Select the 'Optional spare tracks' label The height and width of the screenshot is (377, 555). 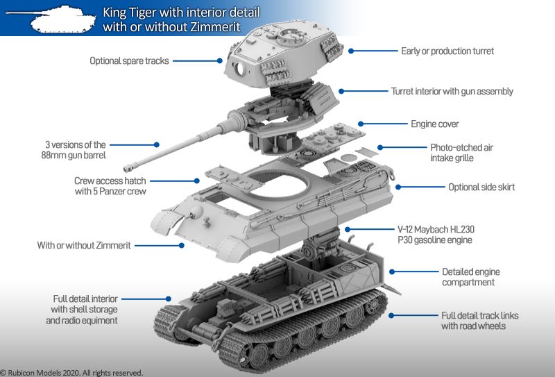tap(129, 61)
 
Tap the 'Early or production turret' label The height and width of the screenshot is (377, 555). tap(447, 51)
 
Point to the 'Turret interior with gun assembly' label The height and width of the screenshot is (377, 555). tap(452, 91)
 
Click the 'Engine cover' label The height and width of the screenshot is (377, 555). tap(434, 124)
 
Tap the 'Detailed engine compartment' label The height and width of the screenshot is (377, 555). tap(471, 277)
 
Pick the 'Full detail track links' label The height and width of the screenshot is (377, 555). tap(479, 320)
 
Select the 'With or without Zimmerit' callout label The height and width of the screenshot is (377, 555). tap(84, 245)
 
